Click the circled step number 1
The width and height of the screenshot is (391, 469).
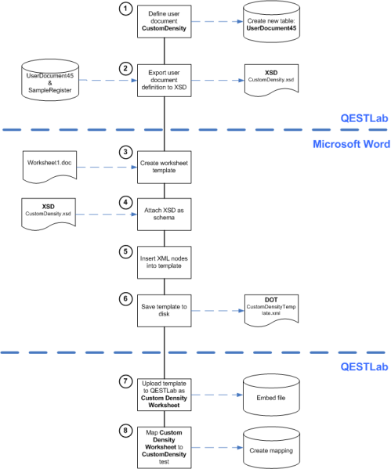coord(124,9)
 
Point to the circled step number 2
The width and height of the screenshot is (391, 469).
coord(124,69)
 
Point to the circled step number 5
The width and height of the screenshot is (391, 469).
coord(124,251)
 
